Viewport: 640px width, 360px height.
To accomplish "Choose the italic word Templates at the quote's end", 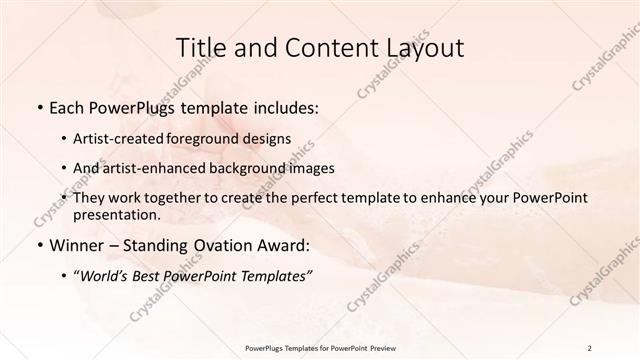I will pos(277,275).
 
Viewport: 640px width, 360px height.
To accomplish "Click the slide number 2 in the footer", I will pos(590,348).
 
